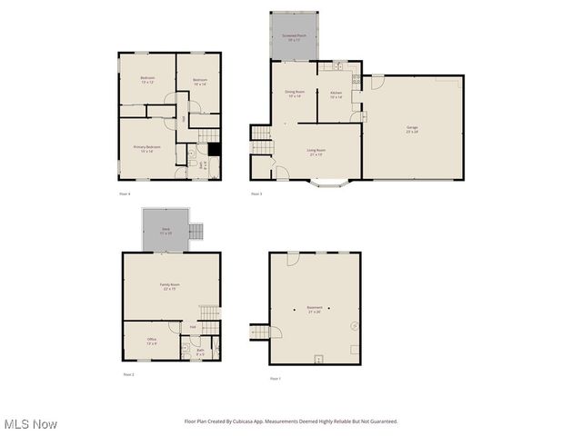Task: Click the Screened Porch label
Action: pos(294,37)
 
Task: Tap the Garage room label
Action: pos(412,130)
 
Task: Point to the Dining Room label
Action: pos(294,94)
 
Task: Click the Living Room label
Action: pos(316,152)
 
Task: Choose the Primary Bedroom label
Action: pos(147,148)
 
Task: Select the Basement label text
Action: pos(314,309)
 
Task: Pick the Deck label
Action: pos(166,231)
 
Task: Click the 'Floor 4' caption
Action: pos(125,194)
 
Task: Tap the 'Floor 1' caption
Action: pos(275,378)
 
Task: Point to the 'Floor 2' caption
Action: pos(128,374)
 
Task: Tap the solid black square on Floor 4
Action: pos(215,150)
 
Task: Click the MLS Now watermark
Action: pos(31,424)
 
